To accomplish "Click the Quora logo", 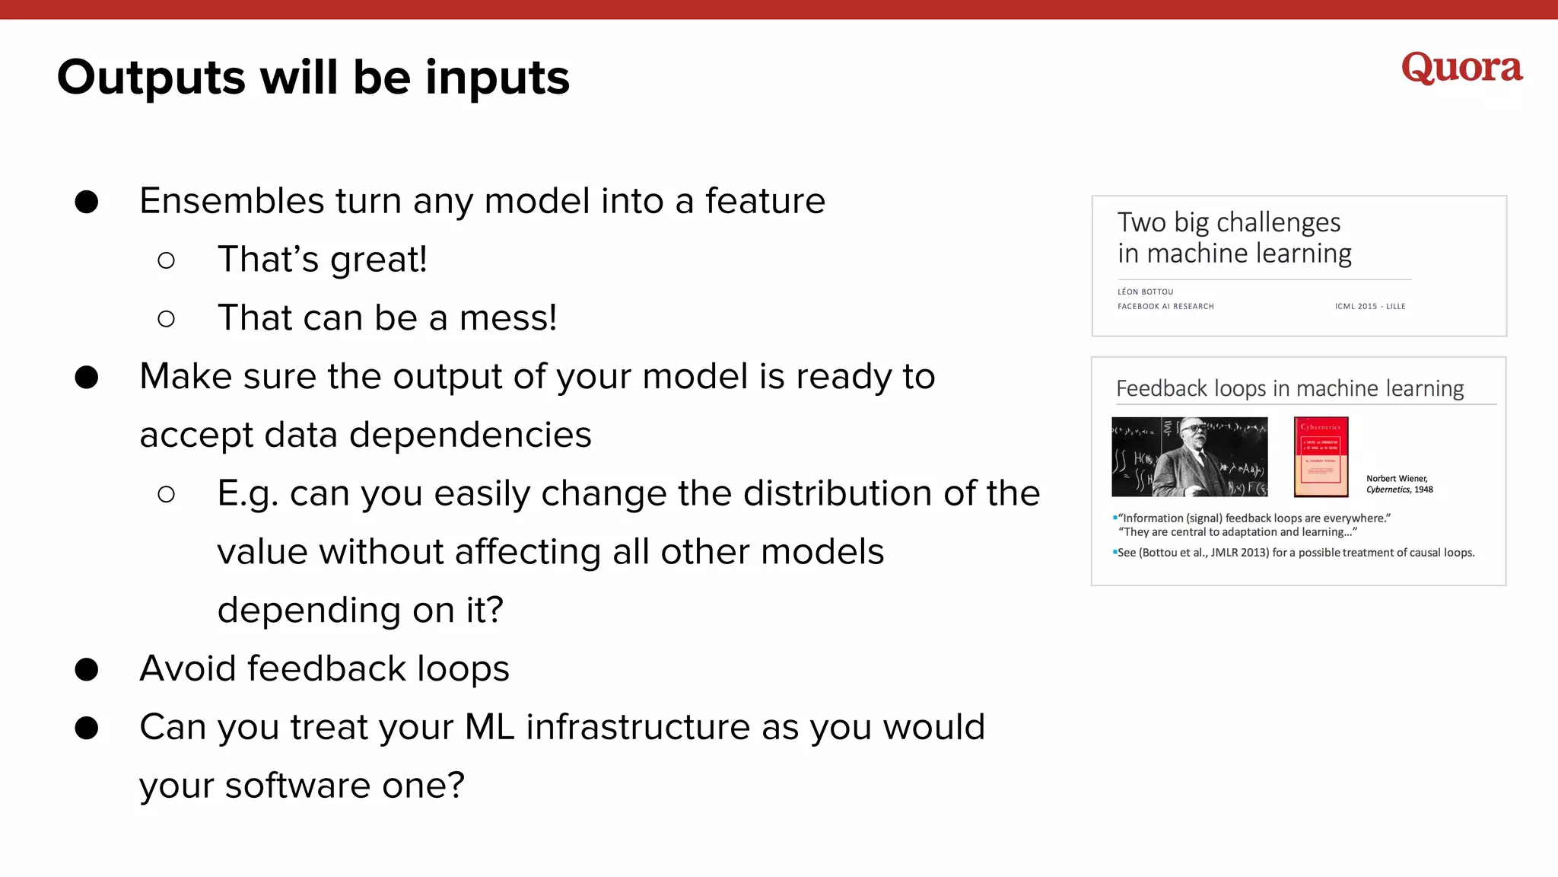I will pyautogui.click(x=1461, y=69).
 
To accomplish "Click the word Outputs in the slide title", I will pyautogui.click(x=151, y=78).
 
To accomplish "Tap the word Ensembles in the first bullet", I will pyautogui.click(x=232, y=201).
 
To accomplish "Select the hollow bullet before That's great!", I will pyautogui.click(x=166, y=260).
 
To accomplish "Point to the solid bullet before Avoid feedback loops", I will pyautogui.click(x=87, y=669).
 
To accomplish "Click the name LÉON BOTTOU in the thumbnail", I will pyautogui.click(x=1145, y=292).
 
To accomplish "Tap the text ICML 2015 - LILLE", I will pyautogui.click(x=1369, y=306).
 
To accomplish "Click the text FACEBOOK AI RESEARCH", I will pyautogui.click(x=1165, y=306).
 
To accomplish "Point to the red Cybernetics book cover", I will pyautogui.click(x=1321, y=457).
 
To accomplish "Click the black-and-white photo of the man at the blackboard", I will pyautogui.click(x=1189, y=457).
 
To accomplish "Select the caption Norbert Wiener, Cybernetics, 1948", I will pyautogui.click(x=1398, y=484).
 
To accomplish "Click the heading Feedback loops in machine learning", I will pyautogui.click(x=1289, y=389).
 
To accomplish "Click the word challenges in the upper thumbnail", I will pyautogui.click(x=1278, y=222).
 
